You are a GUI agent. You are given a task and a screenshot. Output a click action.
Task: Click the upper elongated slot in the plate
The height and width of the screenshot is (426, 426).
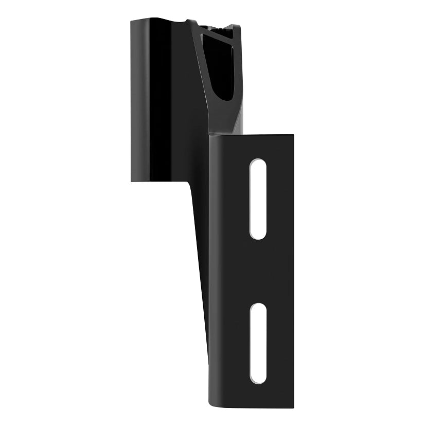point(258,199)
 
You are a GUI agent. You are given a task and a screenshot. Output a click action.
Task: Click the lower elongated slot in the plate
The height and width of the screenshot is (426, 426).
point(258,343)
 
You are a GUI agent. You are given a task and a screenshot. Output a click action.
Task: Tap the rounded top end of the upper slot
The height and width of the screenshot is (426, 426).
point(258,164)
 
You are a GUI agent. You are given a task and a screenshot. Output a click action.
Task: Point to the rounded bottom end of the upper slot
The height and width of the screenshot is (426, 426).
point(258,235)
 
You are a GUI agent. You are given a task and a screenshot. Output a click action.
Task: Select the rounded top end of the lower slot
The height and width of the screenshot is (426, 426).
point(258,307)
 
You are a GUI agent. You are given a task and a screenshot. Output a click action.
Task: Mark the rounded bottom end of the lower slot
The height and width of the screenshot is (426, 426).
point(258,379)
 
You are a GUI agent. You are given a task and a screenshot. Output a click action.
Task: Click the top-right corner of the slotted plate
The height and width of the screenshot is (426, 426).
point(293,136)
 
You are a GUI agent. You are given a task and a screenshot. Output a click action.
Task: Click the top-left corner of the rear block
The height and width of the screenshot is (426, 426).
point(131,21)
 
